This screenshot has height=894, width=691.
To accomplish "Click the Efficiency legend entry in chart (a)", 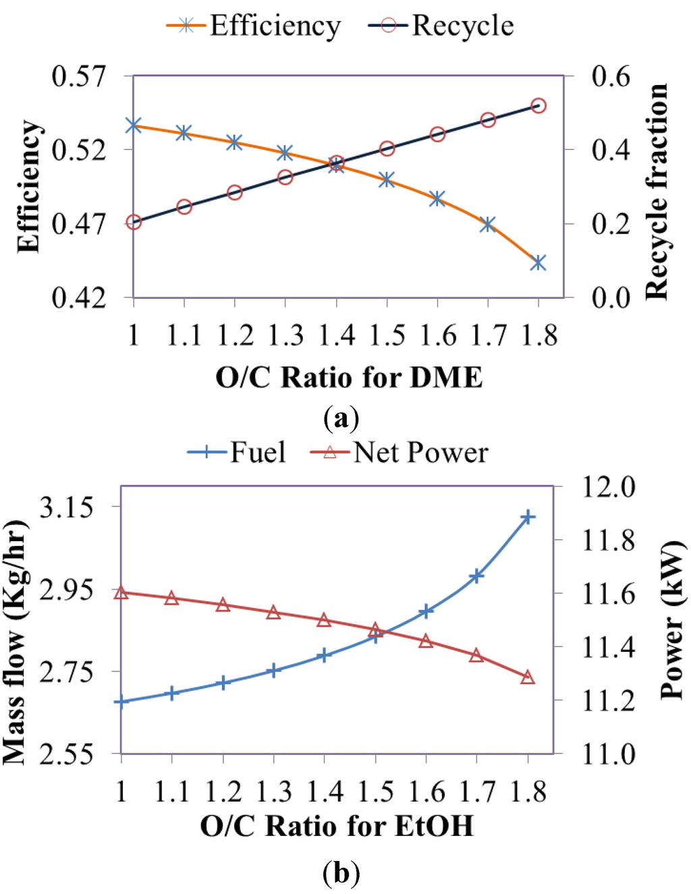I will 254,26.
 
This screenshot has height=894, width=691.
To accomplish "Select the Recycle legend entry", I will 441,26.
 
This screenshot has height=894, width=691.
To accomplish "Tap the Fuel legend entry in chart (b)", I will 237,452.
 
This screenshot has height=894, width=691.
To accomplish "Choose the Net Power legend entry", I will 399,452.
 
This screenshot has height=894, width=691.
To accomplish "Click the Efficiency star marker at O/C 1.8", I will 538,262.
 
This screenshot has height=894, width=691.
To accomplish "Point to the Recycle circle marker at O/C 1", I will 134,222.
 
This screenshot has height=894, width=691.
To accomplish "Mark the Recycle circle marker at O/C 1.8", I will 538,106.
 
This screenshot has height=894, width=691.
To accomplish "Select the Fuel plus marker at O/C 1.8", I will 528,518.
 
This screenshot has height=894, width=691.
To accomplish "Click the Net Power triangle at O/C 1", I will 121,592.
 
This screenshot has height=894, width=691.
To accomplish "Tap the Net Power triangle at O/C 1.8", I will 528,677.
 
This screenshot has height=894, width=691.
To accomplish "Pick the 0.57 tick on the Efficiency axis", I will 79,76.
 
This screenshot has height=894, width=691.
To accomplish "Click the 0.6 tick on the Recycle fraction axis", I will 610,76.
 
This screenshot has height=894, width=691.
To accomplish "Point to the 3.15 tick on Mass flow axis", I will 66,506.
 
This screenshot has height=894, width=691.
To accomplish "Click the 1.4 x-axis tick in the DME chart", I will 336,335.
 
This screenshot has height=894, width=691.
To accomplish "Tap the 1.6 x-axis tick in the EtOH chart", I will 426,791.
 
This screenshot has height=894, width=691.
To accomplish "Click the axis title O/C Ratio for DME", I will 349,376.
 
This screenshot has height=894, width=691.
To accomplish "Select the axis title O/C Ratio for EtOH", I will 337,826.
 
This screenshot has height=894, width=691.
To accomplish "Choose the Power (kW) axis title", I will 671,619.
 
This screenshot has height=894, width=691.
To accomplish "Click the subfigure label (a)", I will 341,418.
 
